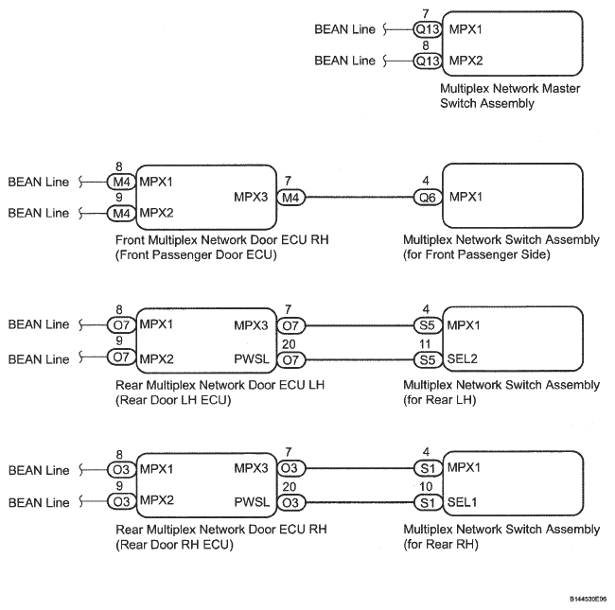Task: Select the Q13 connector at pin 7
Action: pyautogui.click(x=428, y=30)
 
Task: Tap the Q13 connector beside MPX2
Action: pyautogui.click(x=428, y=61)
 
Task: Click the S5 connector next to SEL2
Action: pyautogui.click(x=428, y=359)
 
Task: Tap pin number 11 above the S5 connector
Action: pyautogui.click(x=428, y=345)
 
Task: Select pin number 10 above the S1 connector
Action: pyautogui.click(x=428, y=488)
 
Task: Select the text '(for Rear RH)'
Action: pyautogui.click(x=439, y=545)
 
